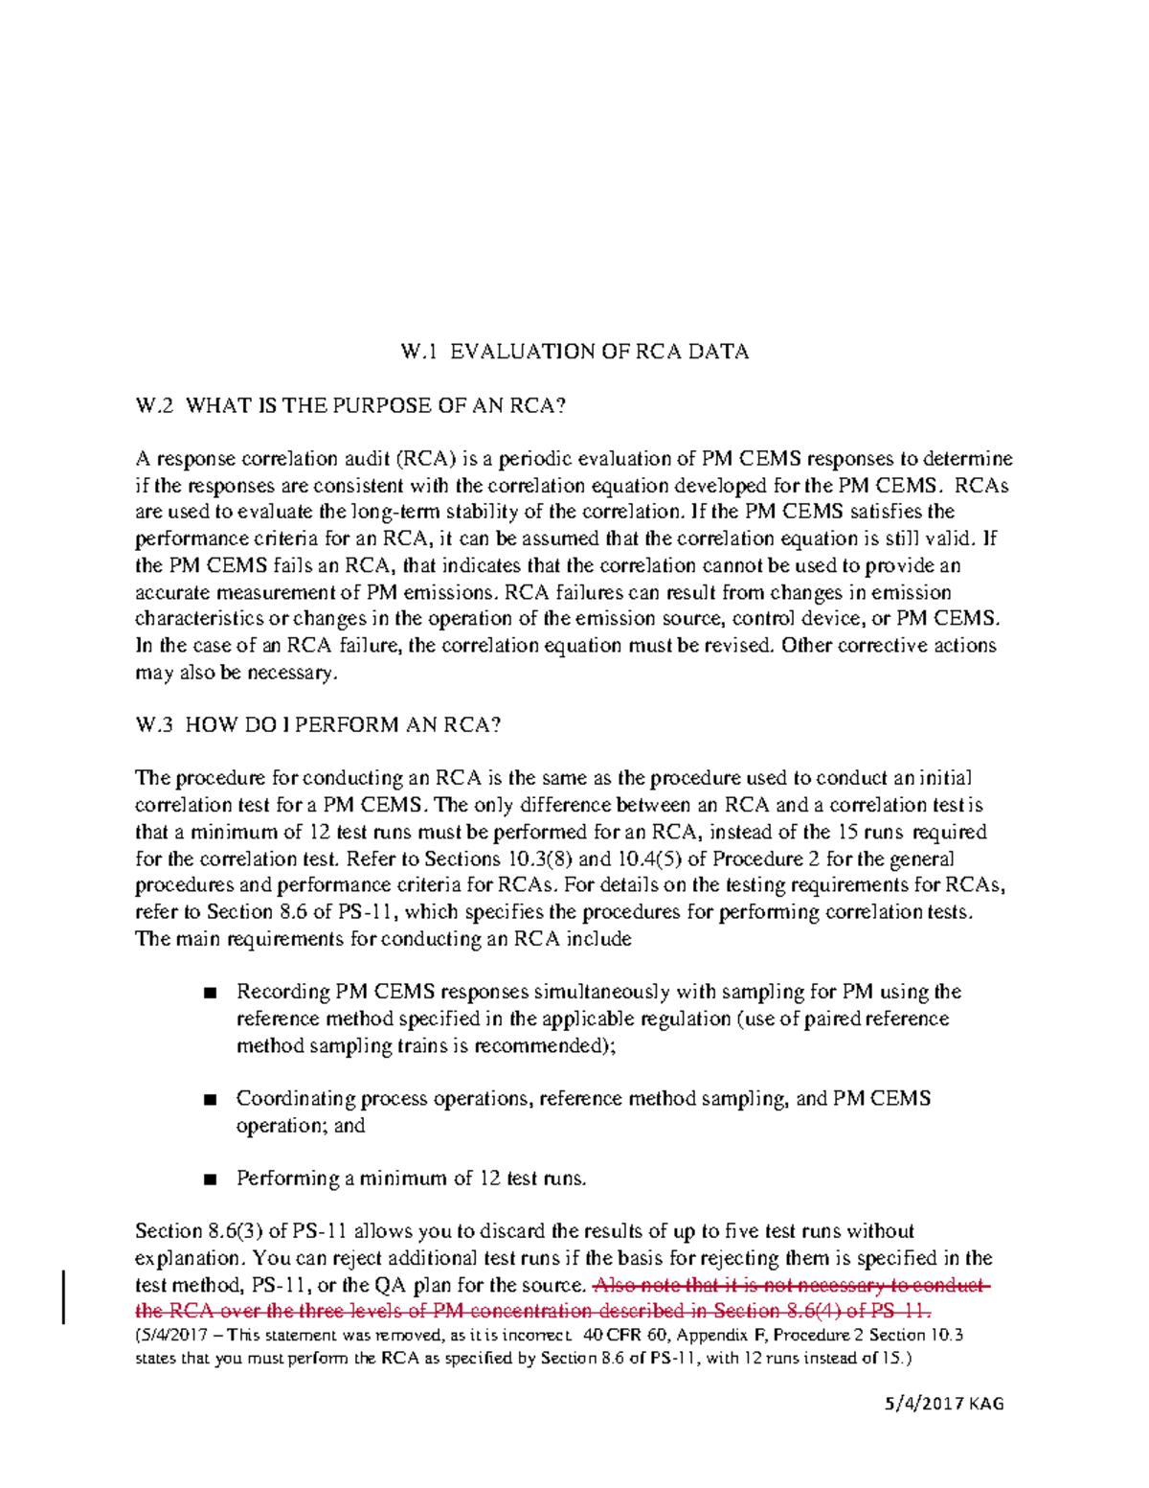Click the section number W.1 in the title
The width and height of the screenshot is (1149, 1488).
point(418,352)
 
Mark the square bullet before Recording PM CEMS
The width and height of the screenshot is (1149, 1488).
point(211,993)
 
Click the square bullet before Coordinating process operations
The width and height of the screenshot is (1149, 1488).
point(211,1100)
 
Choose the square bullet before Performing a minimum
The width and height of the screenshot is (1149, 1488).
point(211,1179)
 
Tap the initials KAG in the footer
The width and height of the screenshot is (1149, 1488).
point(985,1404)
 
